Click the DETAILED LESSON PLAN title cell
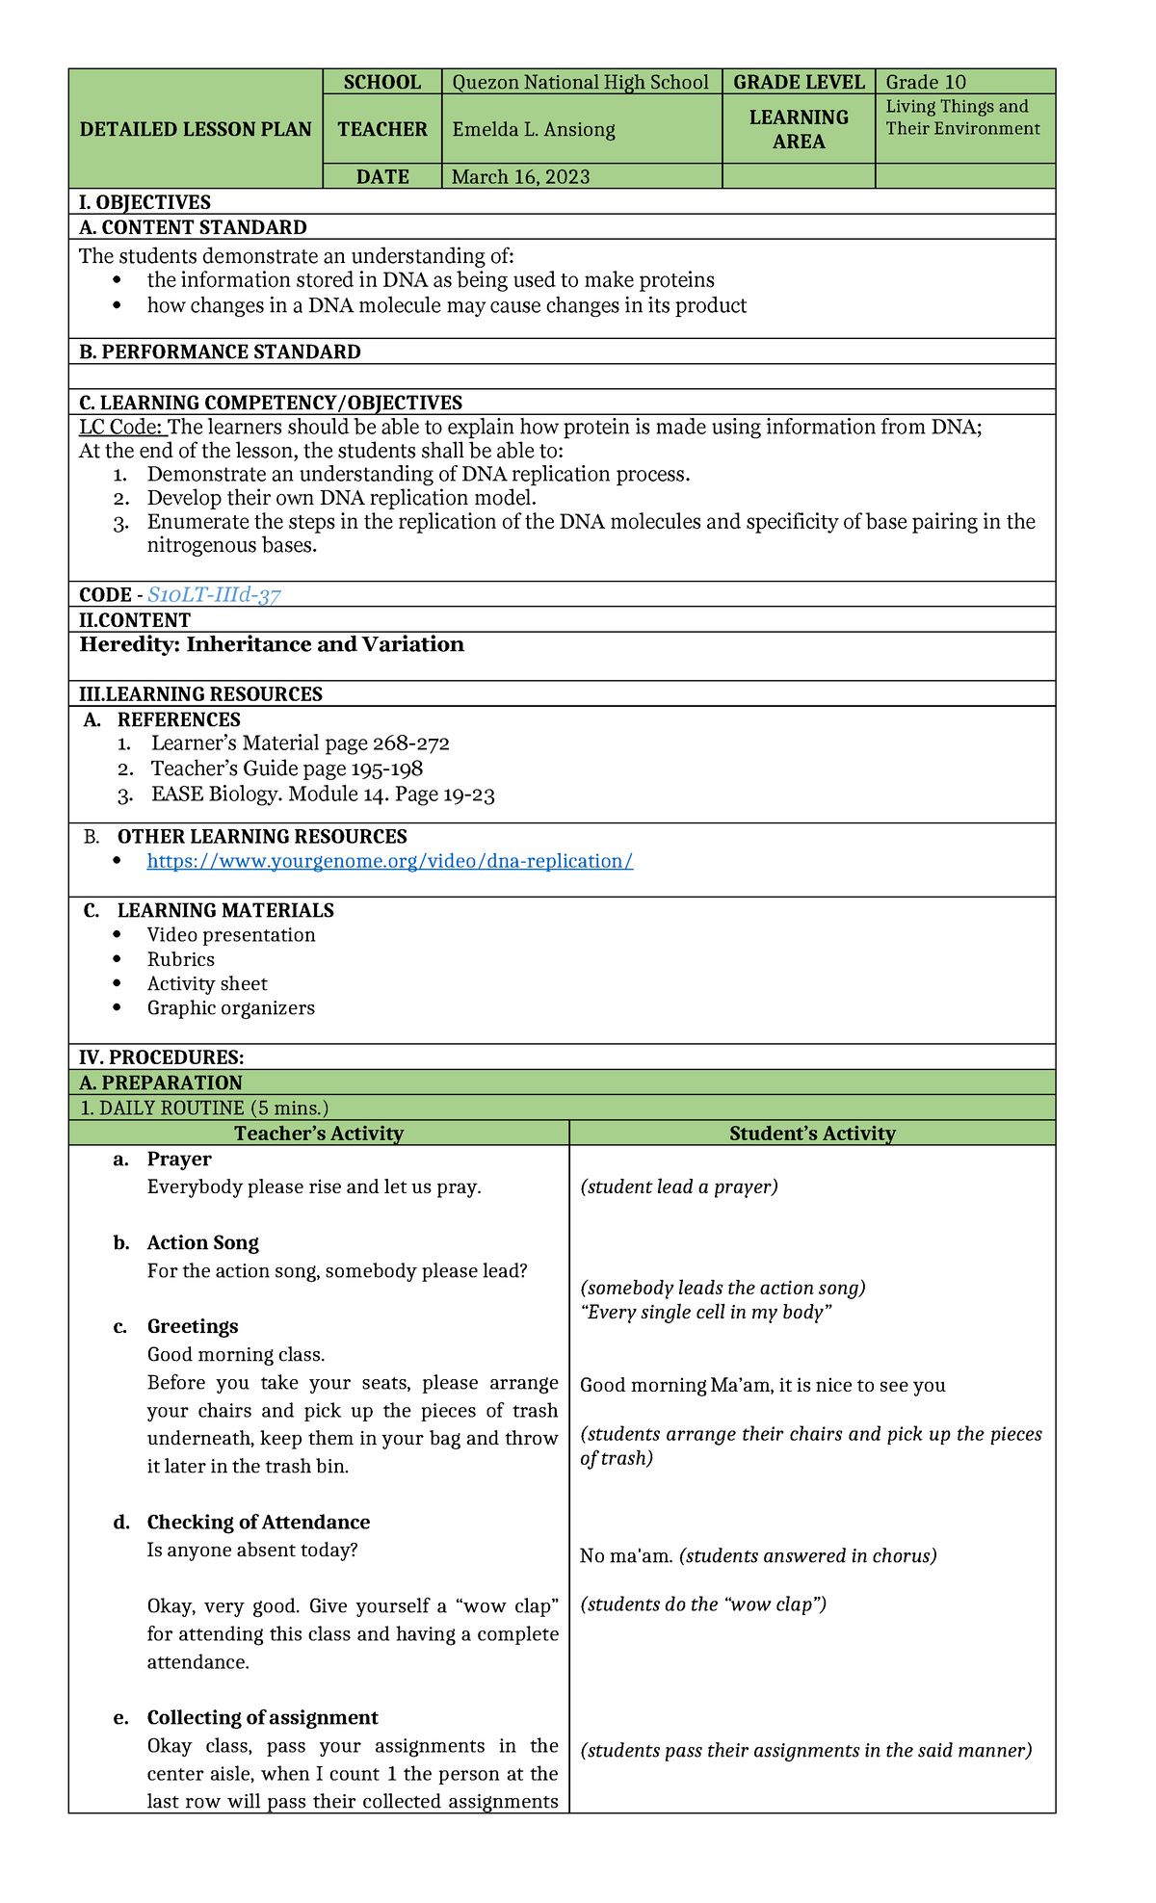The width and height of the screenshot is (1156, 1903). [x=196, y=129]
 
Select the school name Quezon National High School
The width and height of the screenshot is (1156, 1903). [x=580, y=82]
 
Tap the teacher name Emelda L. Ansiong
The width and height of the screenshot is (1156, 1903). [x=534, y=129]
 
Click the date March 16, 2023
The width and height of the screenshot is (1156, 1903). [x=520, y=176]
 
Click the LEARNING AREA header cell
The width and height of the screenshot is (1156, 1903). [x=799, y=129]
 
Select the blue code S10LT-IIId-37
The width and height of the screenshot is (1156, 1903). [x=214, y=595]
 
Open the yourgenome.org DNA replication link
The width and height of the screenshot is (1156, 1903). [x=389, y=861]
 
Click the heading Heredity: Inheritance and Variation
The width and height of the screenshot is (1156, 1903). [x=272, y=644]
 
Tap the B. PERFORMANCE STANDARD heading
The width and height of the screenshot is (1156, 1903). [x=220, y=352]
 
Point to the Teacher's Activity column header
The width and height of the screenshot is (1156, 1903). [x=318, y=1134]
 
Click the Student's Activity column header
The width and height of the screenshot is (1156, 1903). [x=812, y=1134]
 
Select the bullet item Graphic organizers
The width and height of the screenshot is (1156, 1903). [x=230, y=1008]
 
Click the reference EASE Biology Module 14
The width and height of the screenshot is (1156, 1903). [x=323, y=795]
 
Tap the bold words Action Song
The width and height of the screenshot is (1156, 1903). [x=202, y=1242]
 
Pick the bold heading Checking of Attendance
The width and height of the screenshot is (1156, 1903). [x=258, y=1522]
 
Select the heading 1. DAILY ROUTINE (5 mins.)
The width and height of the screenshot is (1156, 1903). [x=204, y=1108]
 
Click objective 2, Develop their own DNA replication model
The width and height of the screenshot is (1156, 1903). [x=341, y=498]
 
